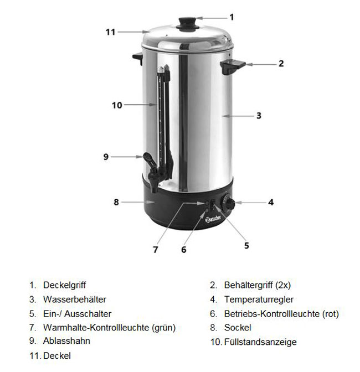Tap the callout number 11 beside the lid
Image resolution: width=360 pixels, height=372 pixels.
coord(110,32)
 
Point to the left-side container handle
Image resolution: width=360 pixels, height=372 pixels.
coord(138,59)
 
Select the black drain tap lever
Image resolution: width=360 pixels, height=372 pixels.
coord(150,159)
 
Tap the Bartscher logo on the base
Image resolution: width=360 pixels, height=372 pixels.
coord(213,219)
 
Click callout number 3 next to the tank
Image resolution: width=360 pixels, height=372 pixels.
coord(259,116)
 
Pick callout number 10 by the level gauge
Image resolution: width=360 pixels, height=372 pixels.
coord(117,105)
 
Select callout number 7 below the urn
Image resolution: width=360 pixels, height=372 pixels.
coord(155,250)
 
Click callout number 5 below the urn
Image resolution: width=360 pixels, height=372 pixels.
coord(246,246)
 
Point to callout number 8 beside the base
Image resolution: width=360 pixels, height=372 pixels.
coord(116,202)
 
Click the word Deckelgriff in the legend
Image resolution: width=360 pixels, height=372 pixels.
coord(64,285)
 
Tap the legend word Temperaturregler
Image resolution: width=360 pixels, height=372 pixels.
coord(259,299)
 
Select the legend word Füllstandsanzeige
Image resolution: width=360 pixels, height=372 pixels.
coord(260,342)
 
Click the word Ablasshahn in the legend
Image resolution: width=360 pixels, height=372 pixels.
coord(66,341)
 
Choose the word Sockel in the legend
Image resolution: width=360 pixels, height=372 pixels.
coord(238,328)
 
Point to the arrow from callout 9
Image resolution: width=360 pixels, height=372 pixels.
coord(127,157)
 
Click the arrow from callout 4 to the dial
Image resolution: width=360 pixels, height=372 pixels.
coord(250,203)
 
